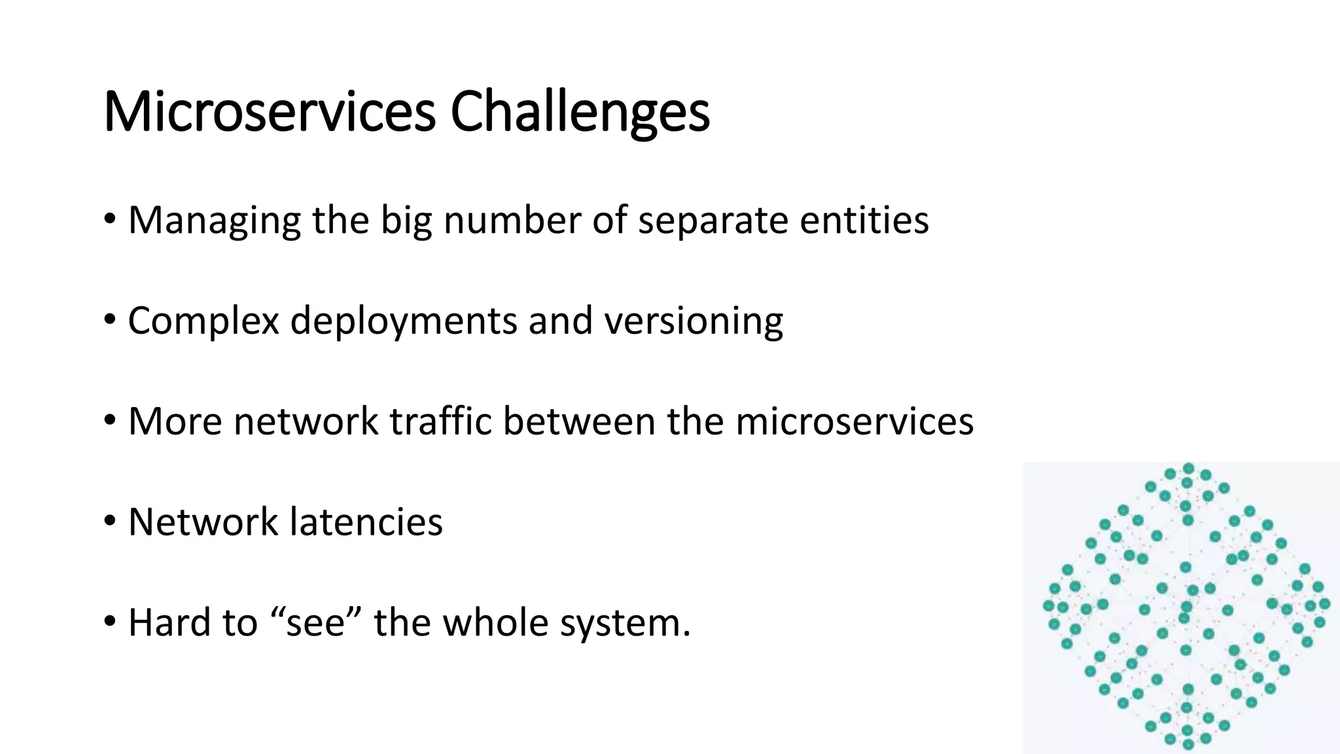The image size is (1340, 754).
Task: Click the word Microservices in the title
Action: pos(269,112)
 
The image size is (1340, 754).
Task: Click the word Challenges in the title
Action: pos(580,112)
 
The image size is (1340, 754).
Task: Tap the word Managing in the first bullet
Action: pos(214,221)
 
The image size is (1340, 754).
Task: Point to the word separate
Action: pos(713,221)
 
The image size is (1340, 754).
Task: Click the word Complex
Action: pos(203,321)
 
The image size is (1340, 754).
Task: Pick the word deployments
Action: pos(403,321)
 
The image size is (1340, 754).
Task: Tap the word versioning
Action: pos(693,321)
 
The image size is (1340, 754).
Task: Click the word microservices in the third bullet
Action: pos(854,421)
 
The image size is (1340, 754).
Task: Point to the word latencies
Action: pos(366,522)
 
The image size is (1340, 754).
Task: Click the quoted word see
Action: pos(315,622)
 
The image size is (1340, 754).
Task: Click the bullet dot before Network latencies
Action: pos(110,522)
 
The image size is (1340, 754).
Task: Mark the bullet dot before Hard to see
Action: pos(110,622)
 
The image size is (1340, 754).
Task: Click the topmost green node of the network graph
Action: pos(1189,469)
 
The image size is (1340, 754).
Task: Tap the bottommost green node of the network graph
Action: pos(1189,744)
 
